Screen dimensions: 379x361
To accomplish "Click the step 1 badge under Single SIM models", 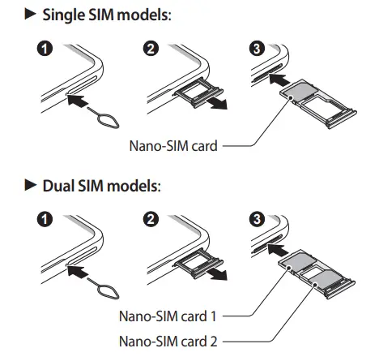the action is [45, 49].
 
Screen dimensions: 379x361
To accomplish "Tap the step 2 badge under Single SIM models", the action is [151, 49].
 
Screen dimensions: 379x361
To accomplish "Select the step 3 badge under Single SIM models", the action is [257, 49].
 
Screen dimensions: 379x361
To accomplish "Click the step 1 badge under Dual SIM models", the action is [45, 219].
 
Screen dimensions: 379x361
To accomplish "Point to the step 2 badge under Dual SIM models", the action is [151, 219].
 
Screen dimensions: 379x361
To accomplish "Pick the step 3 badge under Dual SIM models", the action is [257, 219].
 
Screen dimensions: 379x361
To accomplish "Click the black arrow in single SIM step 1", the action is [77, 100].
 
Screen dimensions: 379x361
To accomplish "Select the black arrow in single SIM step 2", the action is [218, 104].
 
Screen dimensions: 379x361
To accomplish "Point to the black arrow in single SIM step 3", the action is [279, 80].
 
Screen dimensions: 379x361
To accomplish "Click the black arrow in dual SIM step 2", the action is [218, 274].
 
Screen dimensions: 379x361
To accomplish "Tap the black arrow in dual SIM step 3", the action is [278, 250].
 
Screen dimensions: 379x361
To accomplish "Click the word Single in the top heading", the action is [64, 15].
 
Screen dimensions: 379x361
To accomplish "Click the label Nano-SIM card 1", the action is [168, 316].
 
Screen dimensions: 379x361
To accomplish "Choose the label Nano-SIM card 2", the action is [168, 342].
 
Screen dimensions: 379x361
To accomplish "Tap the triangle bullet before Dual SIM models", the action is [30, 185].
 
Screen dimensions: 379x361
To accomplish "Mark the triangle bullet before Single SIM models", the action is [30, 14].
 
